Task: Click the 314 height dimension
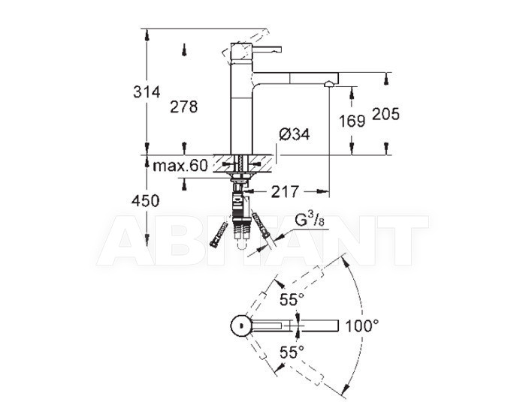click(x=147, y=91)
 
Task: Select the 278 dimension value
click(x=184, y=106)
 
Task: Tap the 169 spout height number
click(x=352, y=121)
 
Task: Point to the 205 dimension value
click(x=386, y=114)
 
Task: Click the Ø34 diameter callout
click(x=295, y=134)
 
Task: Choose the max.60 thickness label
click(x=180, y=166)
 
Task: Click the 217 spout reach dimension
click(x=285, y=191)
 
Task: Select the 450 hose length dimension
click(x=145, y=201)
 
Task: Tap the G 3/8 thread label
click(x=310, y=220)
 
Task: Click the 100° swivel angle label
click(x=362, y=325)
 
